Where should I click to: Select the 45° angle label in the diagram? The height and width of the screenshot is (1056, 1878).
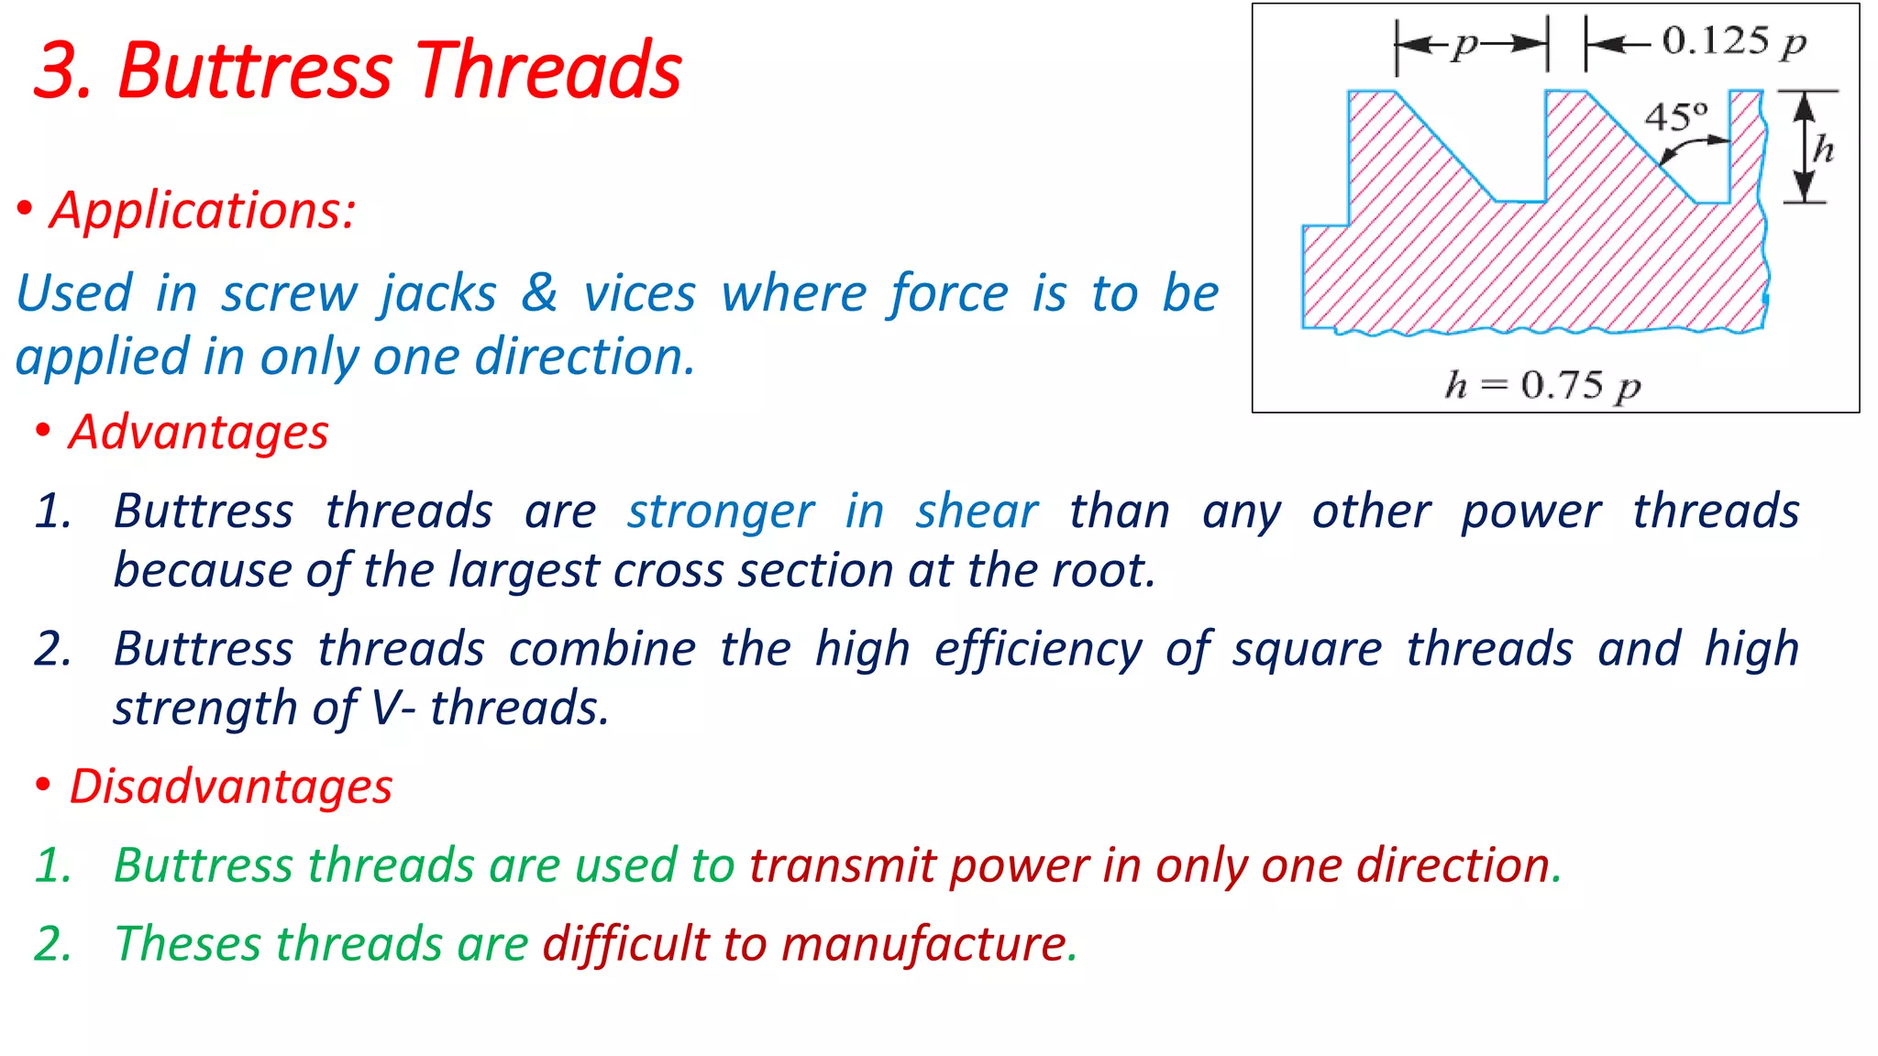pyautogui.click(x=1675, y=117)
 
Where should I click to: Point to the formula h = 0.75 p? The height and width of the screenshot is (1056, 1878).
pyautogui.click(x=1542, y=385)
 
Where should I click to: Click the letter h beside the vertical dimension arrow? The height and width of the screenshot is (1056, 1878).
pyautogui.click(x=1823, y=148)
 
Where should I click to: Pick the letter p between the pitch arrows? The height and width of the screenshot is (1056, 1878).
pyautogui.click(x=1466, y=43)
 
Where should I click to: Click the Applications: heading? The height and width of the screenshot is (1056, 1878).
pyautogui.click(x=203, y=211)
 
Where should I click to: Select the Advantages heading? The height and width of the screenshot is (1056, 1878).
pyautogui.click(x=198, y=432)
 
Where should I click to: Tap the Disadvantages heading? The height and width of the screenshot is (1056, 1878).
pyautogui.click(x=231, y=786)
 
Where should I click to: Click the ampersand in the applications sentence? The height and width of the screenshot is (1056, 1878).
pyautogui.click(x=539, y=293)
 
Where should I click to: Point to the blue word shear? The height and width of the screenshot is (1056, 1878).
pyautogui.click(x=977, y=511)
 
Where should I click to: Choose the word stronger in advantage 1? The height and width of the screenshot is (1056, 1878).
pyautogui.click(x=721, y=511)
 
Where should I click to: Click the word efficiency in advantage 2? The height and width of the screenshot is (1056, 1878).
pyautogui.click(x=1038, y=650)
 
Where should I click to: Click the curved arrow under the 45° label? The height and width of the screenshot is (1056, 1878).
pyautogui.click(x=1692, y=147)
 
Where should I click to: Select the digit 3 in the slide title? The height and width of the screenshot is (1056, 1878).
pyautogui.click(x=58, y=71)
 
